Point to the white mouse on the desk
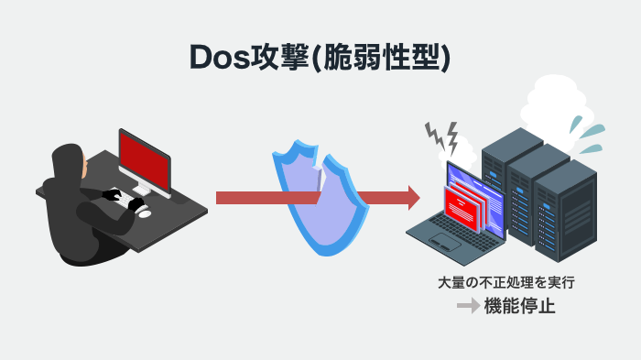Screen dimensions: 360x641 (145, 212)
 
